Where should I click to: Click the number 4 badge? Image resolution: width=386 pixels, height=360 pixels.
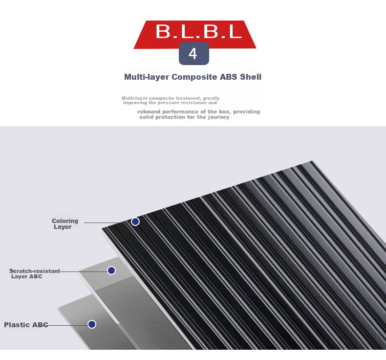[x=194, y=53]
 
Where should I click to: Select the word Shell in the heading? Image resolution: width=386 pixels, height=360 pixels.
[x=251, y=77]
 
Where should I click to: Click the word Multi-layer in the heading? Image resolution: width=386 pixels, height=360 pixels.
[x=147, y=77]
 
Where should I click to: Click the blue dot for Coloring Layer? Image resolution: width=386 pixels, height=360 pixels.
[x=135, y=222]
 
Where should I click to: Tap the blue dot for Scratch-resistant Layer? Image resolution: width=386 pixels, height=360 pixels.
[x=111, y=270]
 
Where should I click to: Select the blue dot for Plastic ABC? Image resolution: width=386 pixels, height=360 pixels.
[x=92, y=324]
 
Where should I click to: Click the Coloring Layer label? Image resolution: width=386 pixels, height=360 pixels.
[x=65, y=224]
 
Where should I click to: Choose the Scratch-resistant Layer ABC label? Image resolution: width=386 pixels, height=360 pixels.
[x=35, y=273]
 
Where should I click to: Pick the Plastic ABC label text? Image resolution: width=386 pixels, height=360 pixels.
[x=26, y=325]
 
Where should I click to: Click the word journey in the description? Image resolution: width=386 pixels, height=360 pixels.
[x=219, y=117]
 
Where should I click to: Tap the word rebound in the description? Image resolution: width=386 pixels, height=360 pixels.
[x=149, y=112]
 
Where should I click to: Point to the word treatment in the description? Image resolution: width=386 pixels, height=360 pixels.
[x=188, y=98]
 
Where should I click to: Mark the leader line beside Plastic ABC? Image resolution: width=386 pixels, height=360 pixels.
[x=68, y=325]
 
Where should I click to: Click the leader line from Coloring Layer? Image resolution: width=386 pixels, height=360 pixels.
[x=107, y=223]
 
